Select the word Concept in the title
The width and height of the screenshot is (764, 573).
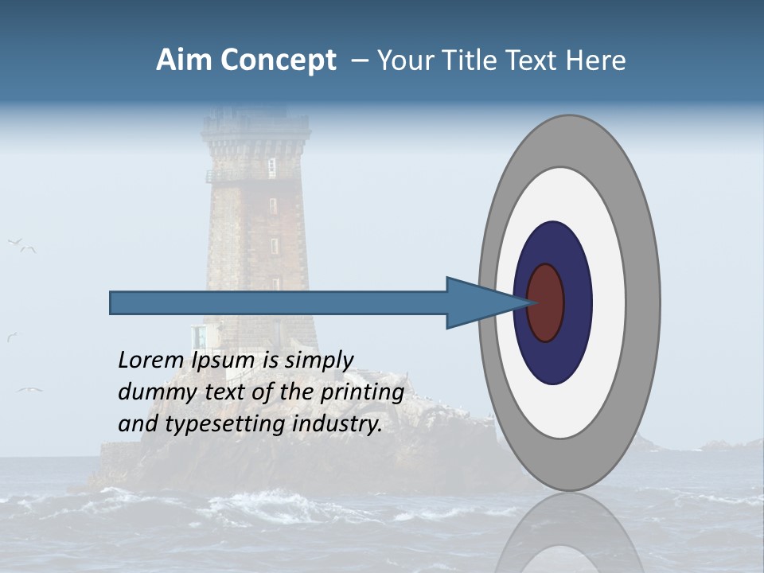[x=278, y=60]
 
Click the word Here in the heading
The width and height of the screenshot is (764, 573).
[x=596, y=60]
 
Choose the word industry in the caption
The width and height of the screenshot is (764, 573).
[x=337, y=425]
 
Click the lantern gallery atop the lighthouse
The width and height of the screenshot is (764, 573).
[x=255, y=126]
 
